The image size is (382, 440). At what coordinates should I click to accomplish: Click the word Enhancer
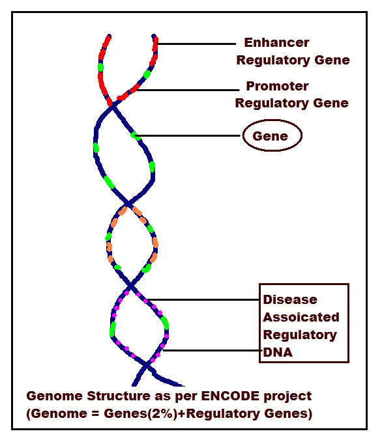(x=276, y=44)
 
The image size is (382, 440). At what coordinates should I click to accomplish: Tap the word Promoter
(x=277, y=87)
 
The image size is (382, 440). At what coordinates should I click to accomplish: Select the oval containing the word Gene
(x=272, y=136)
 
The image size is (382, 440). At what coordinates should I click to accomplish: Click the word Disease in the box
(x=289, y=300)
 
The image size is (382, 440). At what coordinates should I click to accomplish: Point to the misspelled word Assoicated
(x=301, y=318)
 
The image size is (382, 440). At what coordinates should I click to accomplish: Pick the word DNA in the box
(x=277, y=351)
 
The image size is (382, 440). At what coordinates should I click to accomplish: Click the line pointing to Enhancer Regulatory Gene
(x=196, y=44)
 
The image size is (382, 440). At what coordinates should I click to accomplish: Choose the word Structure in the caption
(x=106, y=396)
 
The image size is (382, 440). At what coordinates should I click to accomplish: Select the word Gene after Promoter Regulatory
(x=330, y=103)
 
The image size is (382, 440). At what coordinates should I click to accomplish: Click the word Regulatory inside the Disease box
(x=299, y=335)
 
